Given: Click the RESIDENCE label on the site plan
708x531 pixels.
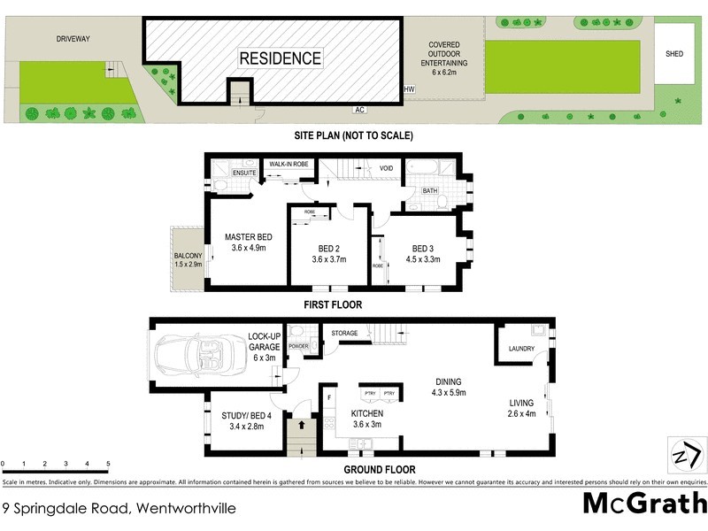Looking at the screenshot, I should [x=280, y=59].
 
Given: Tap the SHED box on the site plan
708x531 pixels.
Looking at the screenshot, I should [x=674, y=53].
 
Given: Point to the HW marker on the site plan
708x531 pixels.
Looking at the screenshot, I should [x=409, y=89].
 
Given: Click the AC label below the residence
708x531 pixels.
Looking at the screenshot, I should [x=359, y=111].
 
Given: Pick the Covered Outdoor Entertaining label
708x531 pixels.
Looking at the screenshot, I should [x=443, y=58].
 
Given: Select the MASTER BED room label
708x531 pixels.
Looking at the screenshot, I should [x=248, y=237].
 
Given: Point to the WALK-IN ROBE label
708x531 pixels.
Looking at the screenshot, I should [x=289, y=164].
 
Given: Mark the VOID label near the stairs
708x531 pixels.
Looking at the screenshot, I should [x=387, y=167].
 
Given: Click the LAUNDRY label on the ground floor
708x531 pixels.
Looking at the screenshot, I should [x=521, y=349].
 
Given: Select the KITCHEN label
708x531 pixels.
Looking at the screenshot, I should [x=366, y=413].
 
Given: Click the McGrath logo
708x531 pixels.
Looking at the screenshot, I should [x=643, y=504].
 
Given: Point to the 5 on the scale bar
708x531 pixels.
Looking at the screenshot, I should [x=108, y=464].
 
